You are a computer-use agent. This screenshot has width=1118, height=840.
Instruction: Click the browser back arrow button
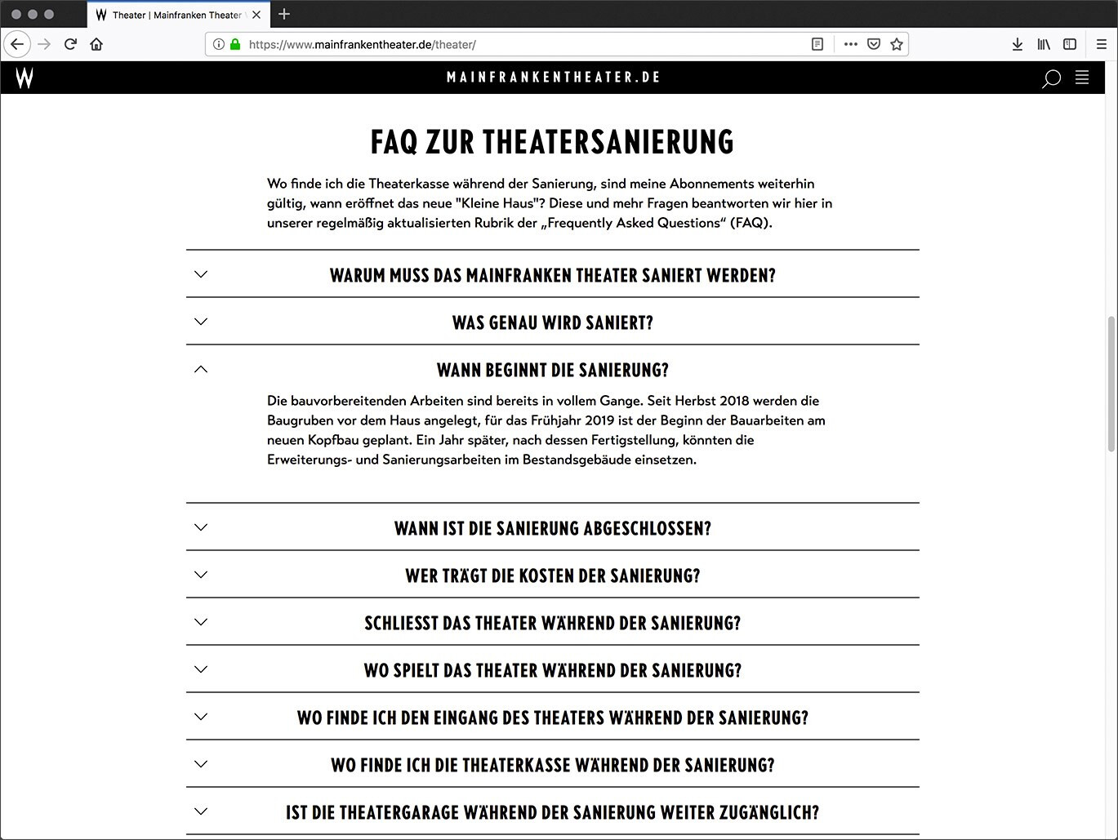click(17, 44)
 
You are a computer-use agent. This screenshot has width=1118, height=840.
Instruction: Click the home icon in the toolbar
click(96, 44)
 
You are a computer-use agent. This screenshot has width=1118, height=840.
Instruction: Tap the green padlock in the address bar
click(235, 44)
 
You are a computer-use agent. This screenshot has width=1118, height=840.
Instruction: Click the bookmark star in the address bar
click(897, 44)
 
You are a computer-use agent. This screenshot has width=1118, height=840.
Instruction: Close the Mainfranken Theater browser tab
click(256, 15)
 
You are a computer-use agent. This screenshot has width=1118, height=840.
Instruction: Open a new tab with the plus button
click(284, 14)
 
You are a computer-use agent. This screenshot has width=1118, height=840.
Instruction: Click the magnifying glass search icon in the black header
click(1051, 78)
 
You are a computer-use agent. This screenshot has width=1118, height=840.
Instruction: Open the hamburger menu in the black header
click(1082, 78)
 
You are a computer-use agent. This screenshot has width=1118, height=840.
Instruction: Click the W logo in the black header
click(24, 78)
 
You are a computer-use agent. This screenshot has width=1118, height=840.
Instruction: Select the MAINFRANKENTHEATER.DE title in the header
click(553, 78)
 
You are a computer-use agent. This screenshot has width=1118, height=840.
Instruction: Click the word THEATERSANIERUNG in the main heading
click(608, 142)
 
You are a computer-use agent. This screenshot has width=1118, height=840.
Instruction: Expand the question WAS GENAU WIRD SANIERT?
click(553, 322)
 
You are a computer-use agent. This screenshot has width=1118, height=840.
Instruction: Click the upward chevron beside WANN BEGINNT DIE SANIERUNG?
click(201, 370)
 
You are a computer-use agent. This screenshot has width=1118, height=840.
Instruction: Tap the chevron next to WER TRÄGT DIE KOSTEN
click(201, 575)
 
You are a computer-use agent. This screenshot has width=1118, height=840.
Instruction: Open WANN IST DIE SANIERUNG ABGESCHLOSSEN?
click(553, 528)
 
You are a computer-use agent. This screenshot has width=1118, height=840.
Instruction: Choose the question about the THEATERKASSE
click(553, 765)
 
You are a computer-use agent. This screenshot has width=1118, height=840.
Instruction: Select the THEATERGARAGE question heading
click(553, 812)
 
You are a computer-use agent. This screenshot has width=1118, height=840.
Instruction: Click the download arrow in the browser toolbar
click(1017, 44)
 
